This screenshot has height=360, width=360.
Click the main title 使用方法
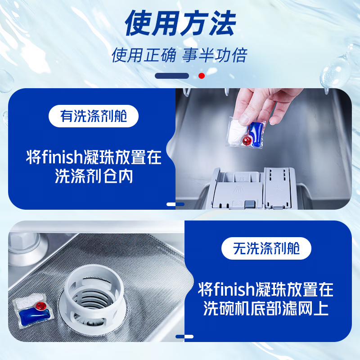click(x=180, y=23)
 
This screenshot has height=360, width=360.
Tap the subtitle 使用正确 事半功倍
click(x=180, y=56)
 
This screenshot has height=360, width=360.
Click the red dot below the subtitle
click(x=202, y=76)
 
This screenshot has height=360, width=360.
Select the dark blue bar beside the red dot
click(x=172, y=76)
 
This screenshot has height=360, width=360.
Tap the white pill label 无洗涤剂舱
click(x=266, y=248)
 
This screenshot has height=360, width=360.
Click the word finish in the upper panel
click(x=60, y=158)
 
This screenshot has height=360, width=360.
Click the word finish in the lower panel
click(x=233, y=289)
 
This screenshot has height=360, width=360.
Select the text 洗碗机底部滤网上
click(x=266, y=309)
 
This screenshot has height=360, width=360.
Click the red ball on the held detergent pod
click(x=246, y=140)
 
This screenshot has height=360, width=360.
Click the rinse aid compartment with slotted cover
click(x=279, y=187)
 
